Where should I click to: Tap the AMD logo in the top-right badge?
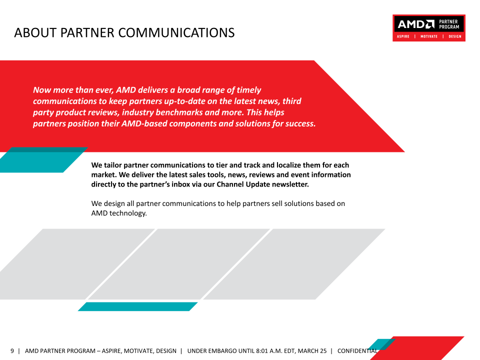point(416,24)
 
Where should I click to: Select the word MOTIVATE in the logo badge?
point(429,36)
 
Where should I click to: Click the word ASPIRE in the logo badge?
point(403,36)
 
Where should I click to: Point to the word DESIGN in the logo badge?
point(455,36)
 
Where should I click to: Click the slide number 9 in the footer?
point(12,351)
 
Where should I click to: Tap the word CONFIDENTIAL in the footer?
point(357,351)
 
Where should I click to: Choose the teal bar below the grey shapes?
point(138,306)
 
